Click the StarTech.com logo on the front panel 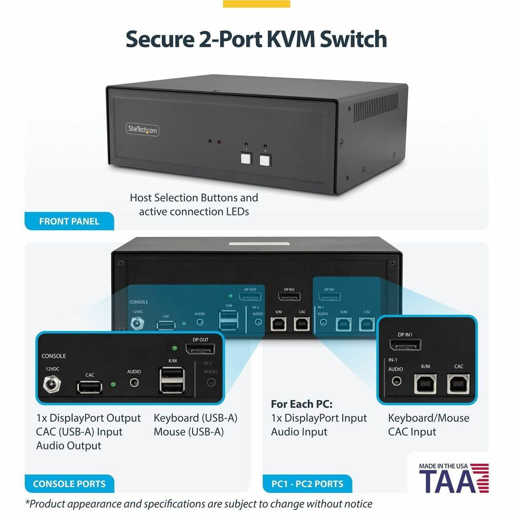(142, 129)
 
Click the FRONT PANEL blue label (69, 221)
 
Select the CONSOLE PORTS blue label (69, 484)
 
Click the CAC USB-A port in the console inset (90, 387)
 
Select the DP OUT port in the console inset (199, 348)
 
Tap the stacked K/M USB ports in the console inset (172, 380)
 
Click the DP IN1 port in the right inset (405, 344)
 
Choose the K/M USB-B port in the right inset (425, 385)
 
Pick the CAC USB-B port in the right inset (458, 385)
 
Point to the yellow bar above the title (256, 3)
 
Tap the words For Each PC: (302, 404)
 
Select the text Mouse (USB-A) (188, 431)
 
